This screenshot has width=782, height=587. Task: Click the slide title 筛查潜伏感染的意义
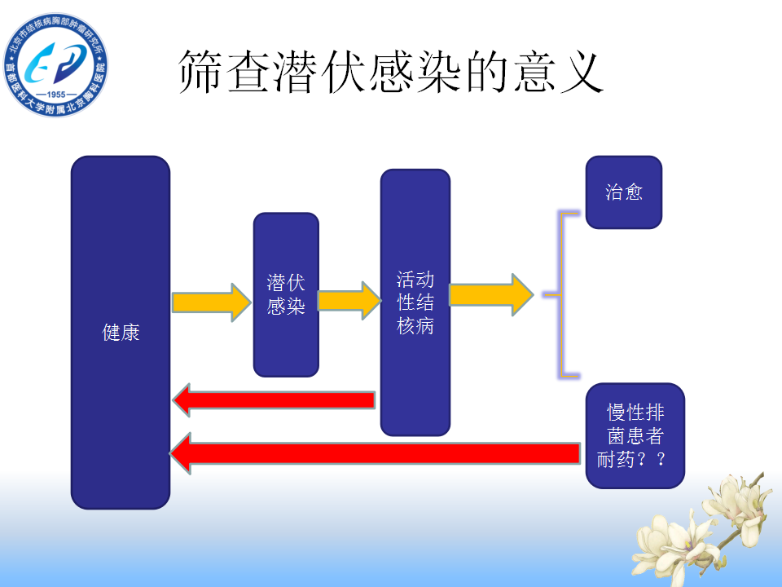coord(391,73)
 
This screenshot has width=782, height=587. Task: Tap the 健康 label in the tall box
coord(121,333)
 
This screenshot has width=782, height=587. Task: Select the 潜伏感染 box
coord(286,294)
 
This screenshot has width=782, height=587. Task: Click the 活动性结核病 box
coord(415,302)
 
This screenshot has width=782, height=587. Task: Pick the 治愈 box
coord(624,192)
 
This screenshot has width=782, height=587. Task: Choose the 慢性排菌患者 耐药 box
coord(635,435)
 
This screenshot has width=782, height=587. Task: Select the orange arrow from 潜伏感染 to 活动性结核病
coord(349,300)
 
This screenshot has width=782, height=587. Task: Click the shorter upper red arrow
coord(274,399)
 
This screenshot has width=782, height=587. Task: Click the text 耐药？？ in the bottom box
coord(632,459)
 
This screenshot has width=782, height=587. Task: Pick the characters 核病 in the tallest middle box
coord(415,326)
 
